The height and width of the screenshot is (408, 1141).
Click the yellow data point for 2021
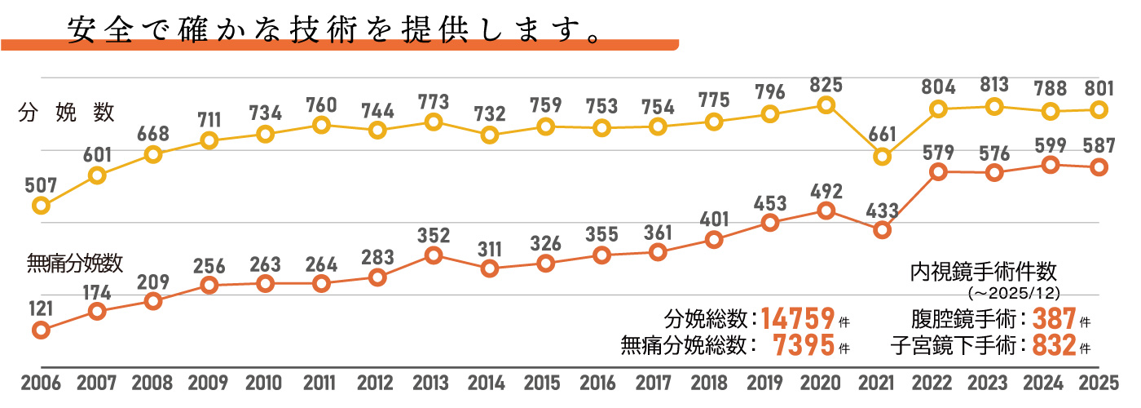tap(882, 157)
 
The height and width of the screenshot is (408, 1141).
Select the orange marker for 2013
tap(434, 255)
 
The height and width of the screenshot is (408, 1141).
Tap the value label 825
tap(826, 83)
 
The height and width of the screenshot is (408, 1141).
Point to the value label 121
tap(40, 308)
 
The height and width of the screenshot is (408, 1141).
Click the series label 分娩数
tap(66, 113)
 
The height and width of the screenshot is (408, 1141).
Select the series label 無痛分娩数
tap(75, 262)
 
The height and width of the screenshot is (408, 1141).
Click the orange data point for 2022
tap(938, 172)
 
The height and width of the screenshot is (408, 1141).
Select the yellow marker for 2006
tap(40, 206)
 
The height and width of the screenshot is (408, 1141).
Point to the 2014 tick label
tap(488, 384)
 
